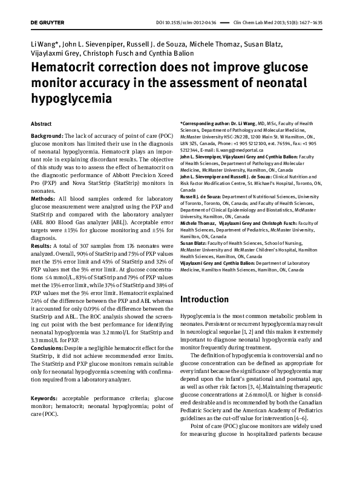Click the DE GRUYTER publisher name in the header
pyautogui.click(x=47, y=22)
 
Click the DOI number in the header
pyautogui.click(x=190, y=22)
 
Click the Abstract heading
pyautogui.click(x=41, y=123)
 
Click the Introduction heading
pyautogui.click(x=205, y=299)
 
